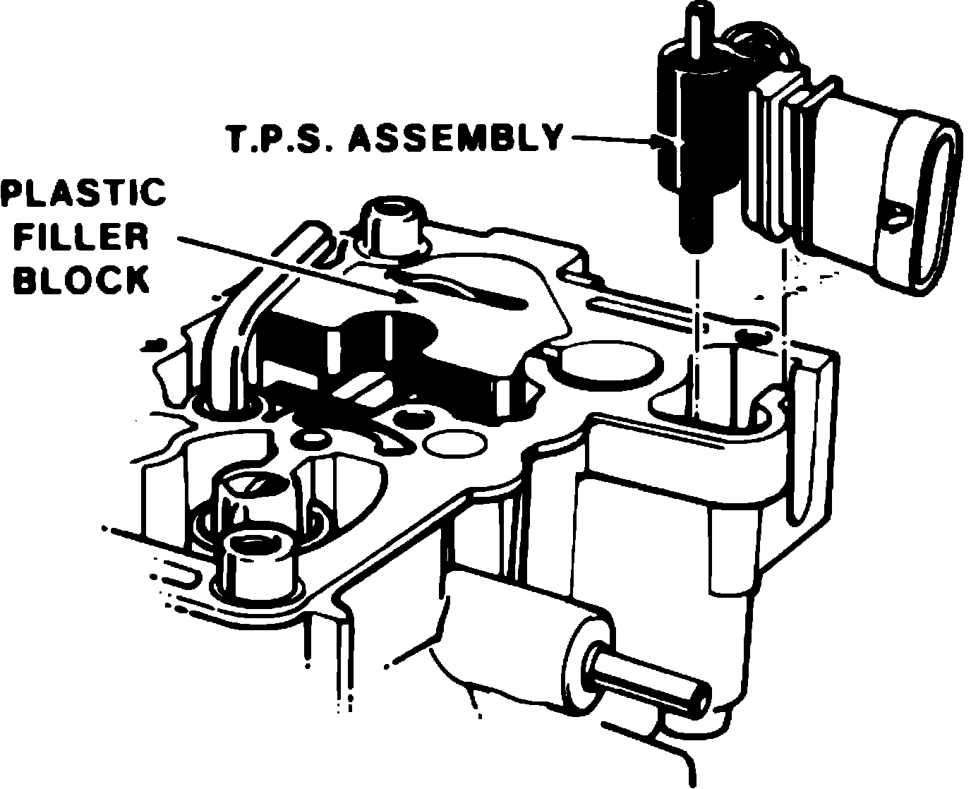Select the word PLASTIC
(x=83, y=192)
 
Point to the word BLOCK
(x=83, y=279)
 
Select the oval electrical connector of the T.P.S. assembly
(x=917, y=205)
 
